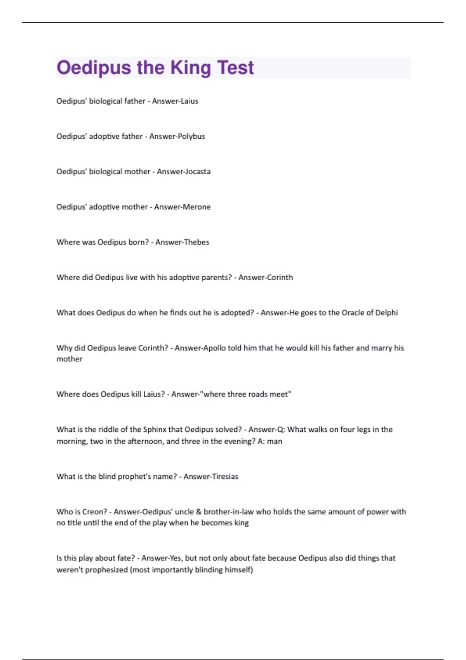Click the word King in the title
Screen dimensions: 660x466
point(191,68)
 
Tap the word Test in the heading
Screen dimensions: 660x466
point(235,68)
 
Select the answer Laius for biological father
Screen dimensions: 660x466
point(189,101)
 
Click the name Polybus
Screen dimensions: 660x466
point(191,136)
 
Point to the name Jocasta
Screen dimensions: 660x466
point(197,172)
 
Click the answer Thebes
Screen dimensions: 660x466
point(196,242)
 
